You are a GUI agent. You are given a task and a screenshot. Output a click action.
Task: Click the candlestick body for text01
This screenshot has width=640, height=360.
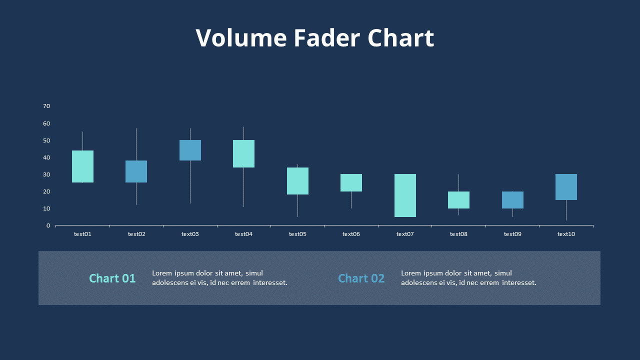82,166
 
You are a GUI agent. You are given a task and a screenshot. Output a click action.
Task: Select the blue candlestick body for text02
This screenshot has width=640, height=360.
136,171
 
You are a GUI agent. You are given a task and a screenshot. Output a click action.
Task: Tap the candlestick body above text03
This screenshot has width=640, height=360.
190,150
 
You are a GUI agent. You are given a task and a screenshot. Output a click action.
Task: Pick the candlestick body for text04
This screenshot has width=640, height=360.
243,153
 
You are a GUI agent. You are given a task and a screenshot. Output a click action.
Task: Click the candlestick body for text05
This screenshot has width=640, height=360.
297,180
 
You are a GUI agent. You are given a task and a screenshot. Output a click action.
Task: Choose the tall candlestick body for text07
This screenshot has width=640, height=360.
405,195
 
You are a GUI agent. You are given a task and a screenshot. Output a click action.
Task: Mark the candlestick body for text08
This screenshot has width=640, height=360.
458,199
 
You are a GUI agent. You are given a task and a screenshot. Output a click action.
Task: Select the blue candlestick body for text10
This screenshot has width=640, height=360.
566,187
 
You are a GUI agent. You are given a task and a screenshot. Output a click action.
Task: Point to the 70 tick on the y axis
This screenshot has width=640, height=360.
46,106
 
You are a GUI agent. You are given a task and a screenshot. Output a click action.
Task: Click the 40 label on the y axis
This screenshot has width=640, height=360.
46,157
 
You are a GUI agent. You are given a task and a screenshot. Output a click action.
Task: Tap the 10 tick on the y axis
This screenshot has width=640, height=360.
46,208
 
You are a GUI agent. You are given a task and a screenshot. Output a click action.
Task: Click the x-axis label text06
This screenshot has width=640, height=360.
351,234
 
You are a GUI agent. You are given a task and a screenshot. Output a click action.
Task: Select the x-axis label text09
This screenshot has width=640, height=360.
512,234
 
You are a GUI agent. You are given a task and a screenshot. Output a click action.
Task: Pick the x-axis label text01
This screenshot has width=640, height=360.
82,234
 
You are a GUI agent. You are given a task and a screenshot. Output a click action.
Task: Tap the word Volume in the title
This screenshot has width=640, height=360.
241,38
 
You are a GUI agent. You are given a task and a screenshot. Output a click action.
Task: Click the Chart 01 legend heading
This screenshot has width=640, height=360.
112,278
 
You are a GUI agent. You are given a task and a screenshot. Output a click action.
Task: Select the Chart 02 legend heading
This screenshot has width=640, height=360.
361,278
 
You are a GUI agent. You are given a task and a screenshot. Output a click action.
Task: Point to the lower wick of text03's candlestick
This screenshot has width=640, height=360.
190,182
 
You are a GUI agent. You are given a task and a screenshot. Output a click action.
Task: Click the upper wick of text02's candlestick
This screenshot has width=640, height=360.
136,144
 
